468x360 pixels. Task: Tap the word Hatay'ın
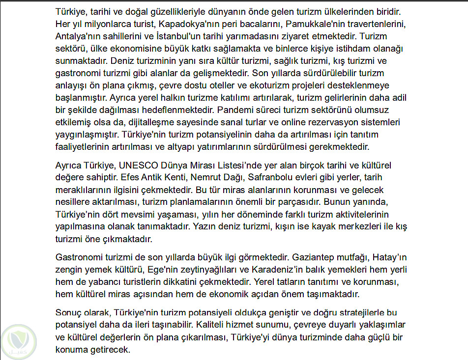point(389,257)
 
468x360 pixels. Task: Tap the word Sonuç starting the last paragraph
point(70,312)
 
